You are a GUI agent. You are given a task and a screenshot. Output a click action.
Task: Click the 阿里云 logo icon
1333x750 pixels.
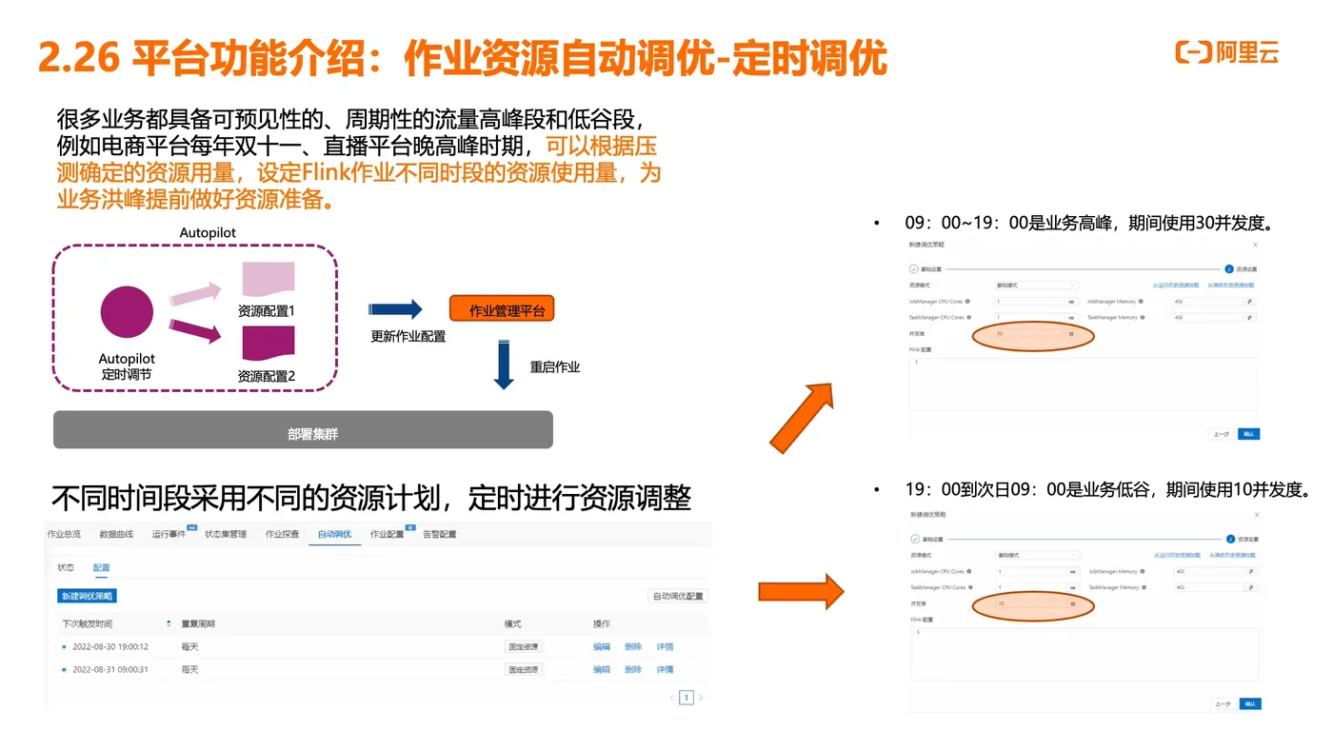1193,52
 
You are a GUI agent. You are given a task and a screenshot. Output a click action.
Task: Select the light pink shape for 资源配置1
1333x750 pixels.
268,279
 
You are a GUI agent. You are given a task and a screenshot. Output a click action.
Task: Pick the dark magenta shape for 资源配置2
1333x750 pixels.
268,343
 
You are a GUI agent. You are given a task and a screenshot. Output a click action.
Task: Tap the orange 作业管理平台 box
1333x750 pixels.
502,309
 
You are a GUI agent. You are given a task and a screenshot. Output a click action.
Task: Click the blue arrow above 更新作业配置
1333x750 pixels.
395,309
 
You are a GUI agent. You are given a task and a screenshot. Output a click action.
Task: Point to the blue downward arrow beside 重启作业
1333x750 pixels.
504,366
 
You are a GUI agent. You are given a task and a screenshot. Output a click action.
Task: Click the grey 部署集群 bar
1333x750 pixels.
303,430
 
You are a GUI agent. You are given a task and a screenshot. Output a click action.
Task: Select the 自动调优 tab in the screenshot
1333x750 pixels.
334,534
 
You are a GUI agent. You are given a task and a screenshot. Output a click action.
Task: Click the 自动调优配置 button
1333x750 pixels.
677,596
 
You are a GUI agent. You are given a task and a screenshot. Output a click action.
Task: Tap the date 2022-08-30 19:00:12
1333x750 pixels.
110,646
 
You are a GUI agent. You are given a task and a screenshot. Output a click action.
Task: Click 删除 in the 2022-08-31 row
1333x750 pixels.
633,669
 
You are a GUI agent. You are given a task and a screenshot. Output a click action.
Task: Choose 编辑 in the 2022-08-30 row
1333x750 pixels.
602,646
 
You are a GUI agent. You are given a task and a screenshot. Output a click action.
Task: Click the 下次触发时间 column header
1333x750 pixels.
88,623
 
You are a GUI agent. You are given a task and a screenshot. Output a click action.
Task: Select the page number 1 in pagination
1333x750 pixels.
686,698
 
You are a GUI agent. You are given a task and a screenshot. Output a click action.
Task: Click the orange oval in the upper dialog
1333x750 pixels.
1032,335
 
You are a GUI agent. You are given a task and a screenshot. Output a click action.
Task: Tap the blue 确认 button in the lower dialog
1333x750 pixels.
1250,704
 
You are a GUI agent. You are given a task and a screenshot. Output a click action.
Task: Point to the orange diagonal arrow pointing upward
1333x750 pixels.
802,417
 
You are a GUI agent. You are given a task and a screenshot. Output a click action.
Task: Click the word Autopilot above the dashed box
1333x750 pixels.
208,232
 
